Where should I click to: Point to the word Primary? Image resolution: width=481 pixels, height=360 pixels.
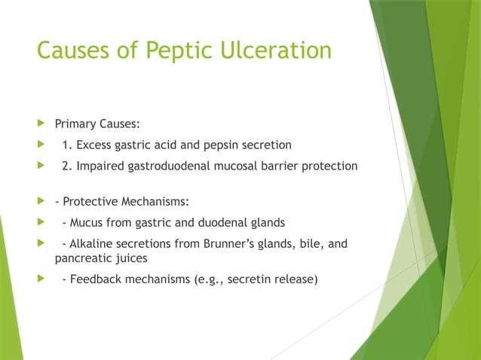(x=78, y=124)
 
